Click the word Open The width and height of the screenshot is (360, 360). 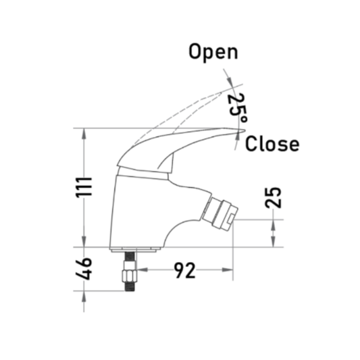point(213,53)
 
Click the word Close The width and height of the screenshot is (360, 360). point(272,144)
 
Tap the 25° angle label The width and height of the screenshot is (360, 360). point(237,107)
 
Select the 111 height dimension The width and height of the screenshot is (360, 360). point(84,187)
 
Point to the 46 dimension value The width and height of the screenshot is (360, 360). point(84,269)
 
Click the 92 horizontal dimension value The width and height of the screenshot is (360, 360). point(185,270)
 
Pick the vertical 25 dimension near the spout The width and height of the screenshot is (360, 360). point(274,198)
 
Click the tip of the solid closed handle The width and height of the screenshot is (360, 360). point(245,130)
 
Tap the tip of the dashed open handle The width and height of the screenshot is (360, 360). point(221,93)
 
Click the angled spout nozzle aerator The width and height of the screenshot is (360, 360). point(220,213)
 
